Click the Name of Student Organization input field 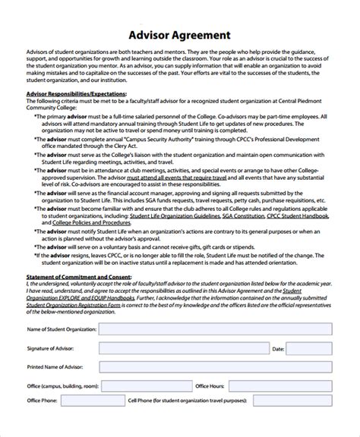point(216,309)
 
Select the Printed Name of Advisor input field point(216,348)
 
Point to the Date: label point(277,329)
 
